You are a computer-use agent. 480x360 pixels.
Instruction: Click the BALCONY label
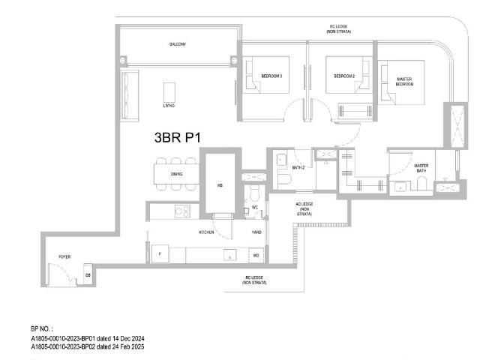177,44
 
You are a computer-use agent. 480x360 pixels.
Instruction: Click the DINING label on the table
177,175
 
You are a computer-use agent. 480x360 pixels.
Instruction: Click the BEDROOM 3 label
271,76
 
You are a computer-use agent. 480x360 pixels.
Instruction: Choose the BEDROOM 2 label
344,76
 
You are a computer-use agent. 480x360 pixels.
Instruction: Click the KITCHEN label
207,232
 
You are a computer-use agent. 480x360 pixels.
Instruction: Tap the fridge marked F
160,255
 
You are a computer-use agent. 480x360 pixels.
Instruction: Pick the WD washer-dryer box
256,256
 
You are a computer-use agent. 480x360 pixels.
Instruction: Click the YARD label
256,232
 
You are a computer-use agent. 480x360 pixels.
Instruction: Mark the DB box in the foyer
88,275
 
